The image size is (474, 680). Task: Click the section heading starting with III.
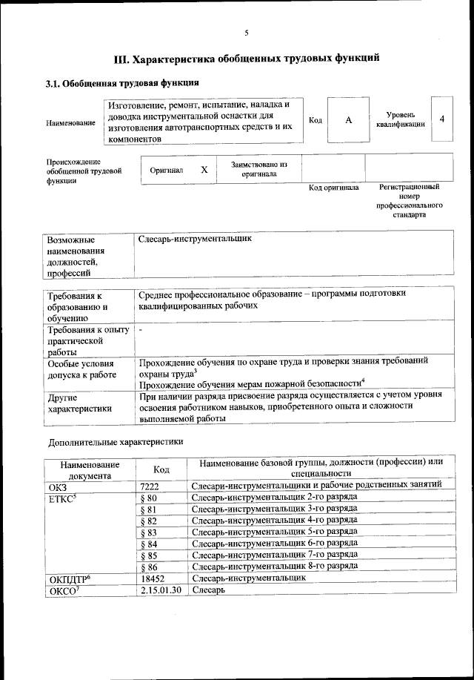[x=247, y=57]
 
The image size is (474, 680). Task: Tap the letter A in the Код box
[x=348, y=120]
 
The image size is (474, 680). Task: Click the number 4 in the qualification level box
[x=441, y=119]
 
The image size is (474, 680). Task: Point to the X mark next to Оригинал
[x=204, y=169]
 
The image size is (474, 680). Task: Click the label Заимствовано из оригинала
[x=258, y=169]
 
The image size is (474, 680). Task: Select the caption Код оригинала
[x=333, y=188]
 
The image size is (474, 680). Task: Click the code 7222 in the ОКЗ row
[x=150, y=485]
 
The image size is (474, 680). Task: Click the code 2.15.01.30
[x=160, y=590]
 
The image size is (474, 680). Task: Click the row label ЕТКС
[x=64, y=497]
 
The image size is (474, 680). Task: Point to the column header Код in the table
[x=161, y=469]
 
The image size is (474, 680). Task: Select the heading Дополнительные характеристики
[x=116, y=441]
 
